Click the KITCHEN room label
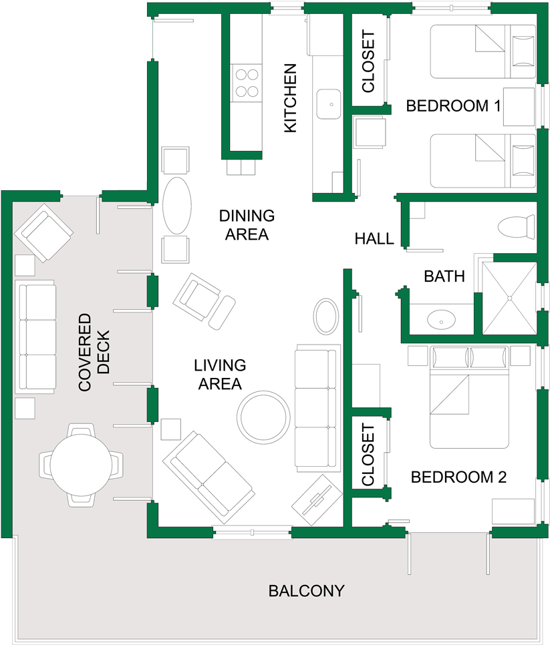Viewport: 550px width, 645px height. pyautogui.click(x=290, y=98)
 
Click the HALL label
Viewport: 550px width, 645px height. pyautogui.click(x=374, y=238)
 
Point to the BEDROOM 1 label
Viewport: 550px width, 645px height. pyautogui.click(x=454, y=105)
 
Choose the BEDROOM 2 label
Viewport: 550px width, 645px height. pyautogui.click(x=458, y=477)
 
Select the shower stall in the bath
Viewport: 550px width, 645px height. pyautogui.click(x=509, y=298)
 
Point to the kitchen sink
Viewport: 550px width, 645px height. pyautogui.click(x=327, y=103)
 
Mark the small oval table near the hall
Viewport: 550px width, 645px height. pyautogui.click(x=327, y=316)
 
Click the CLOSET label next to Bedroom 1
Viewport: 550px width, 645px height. pyautogui.click(x=368, y=61)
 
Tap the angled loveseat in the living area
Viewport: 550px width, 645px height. pyautogui.click(x=210, y=476)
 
